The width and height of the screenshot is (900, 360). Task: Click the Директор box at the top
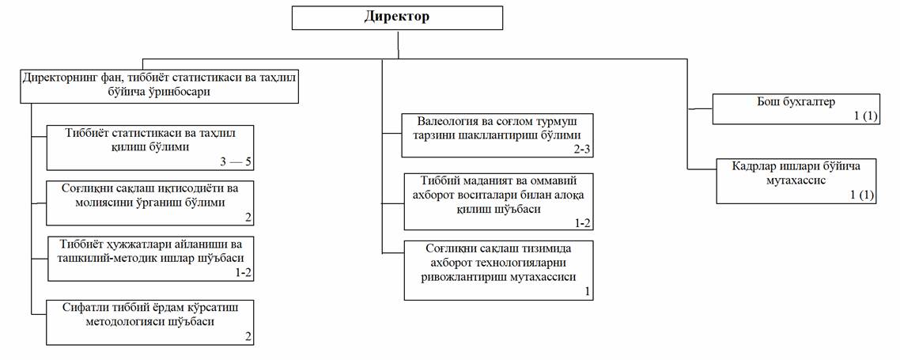396,17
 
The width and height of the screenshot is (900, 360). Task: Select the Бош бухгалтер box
795,108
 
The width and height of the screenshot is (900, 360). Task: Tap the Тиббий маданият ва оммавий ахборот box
498,202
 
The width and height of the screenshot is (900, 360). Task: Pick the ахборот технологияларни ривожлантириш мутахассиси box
498,270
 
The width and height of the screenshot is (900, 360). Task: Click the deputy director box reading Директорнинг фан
160,85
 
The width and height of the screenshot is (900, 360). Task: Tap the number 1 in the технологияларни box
587,292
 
